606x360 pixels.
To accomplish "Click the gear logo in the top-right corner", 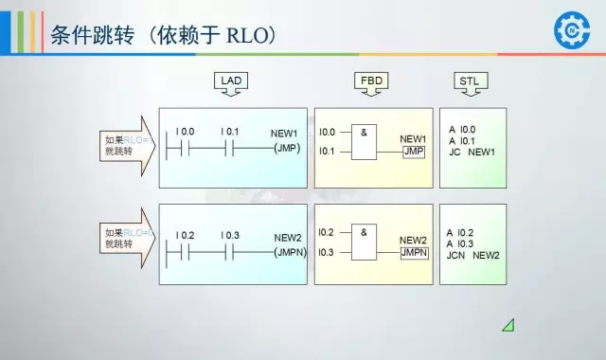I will pyautogui.click(x=571, y=31).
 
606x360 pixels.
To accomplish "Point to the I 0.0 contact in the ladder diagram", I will pyautogui.click(x=177, y=149).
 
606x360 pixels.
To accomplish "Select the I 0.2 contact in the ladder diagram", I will pyautogui.click(x=177, y=251).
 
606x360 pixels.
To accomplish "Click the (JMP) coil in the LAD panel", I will pyautogui.click(x=286, y=149).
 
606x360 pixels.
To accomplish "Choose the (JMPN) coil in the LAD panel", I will pyautogui.click(x=289, y=252).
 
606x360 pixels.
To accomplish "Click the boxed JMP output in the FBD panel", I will pyautogui.click(x=413, y=152).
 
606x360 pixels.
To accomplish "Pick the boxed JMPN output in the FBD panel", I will pyautogui.click(x=414, y=253).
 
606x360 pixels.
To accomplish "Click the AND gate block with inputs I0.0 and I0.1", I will pyautogui.click(x=365, y=142).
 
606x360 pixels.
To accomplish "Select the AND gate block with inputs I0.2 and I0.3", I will pyautogui.click(x=365, y=243).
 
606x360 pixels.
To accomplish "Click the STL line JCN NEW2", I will pyautogui.click(x=472, y=255).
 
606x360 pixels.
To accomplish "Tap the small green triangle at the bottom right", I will pyautogui.click(x=508, y=325).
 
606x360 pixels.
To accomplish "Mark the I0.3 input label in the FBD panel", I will pyautogui.click(x=327, y=252).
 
